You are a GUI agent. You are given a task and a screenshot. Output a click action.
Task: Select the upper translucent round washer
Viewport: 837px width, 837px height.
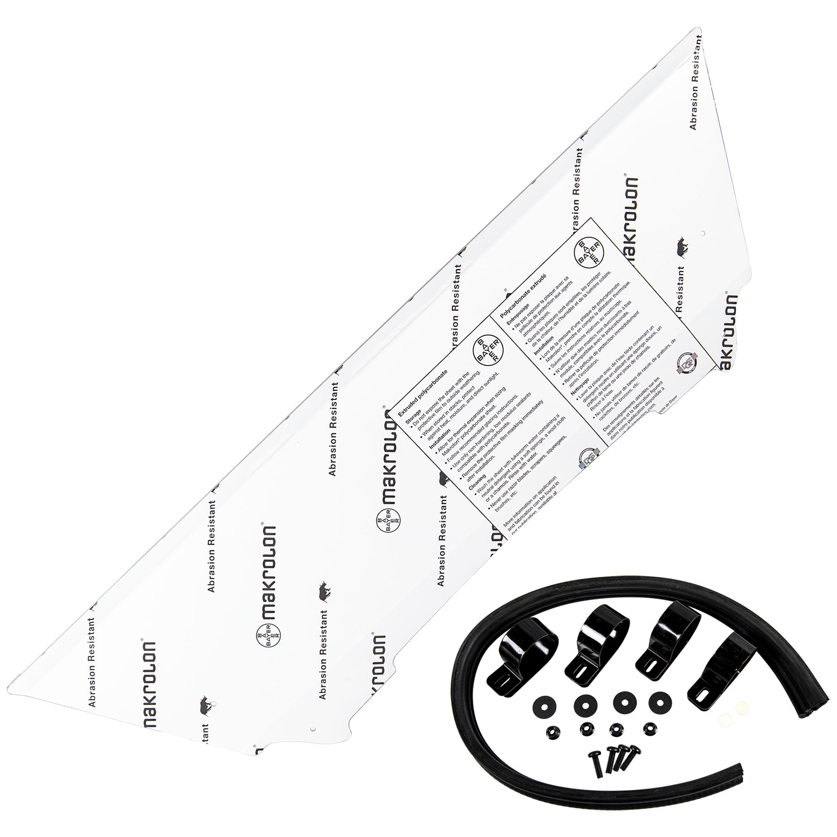click(742, 706)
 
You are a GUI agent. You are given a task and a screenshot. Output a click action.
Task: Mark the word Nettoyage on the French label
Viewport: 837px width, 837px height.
click(580, 383)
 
